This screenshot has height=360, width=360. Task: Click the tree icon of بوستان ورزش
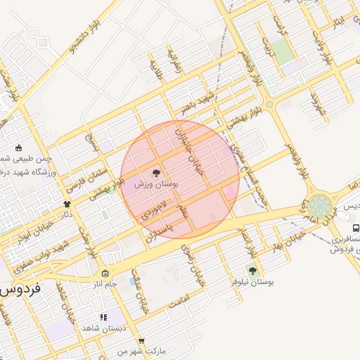point(156,172)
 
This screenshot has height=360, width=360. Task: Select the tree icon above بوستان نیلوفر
point(252,270)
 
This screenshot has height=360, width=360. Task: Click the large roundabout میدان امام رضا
point(319,207)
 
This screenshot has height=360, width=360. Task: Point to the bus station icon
point(356,228)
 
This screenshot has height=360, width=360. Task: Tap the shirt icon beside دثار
point(67,204)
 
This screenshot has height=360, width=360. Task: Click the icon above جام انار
point(105,274)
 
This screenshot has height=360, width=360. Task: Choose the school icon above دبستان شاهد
point(103,318)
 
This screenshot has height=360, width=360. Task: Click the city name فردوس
point(22,288)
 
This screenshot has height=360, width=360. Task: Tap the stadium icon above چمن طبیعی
point(18,148)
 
